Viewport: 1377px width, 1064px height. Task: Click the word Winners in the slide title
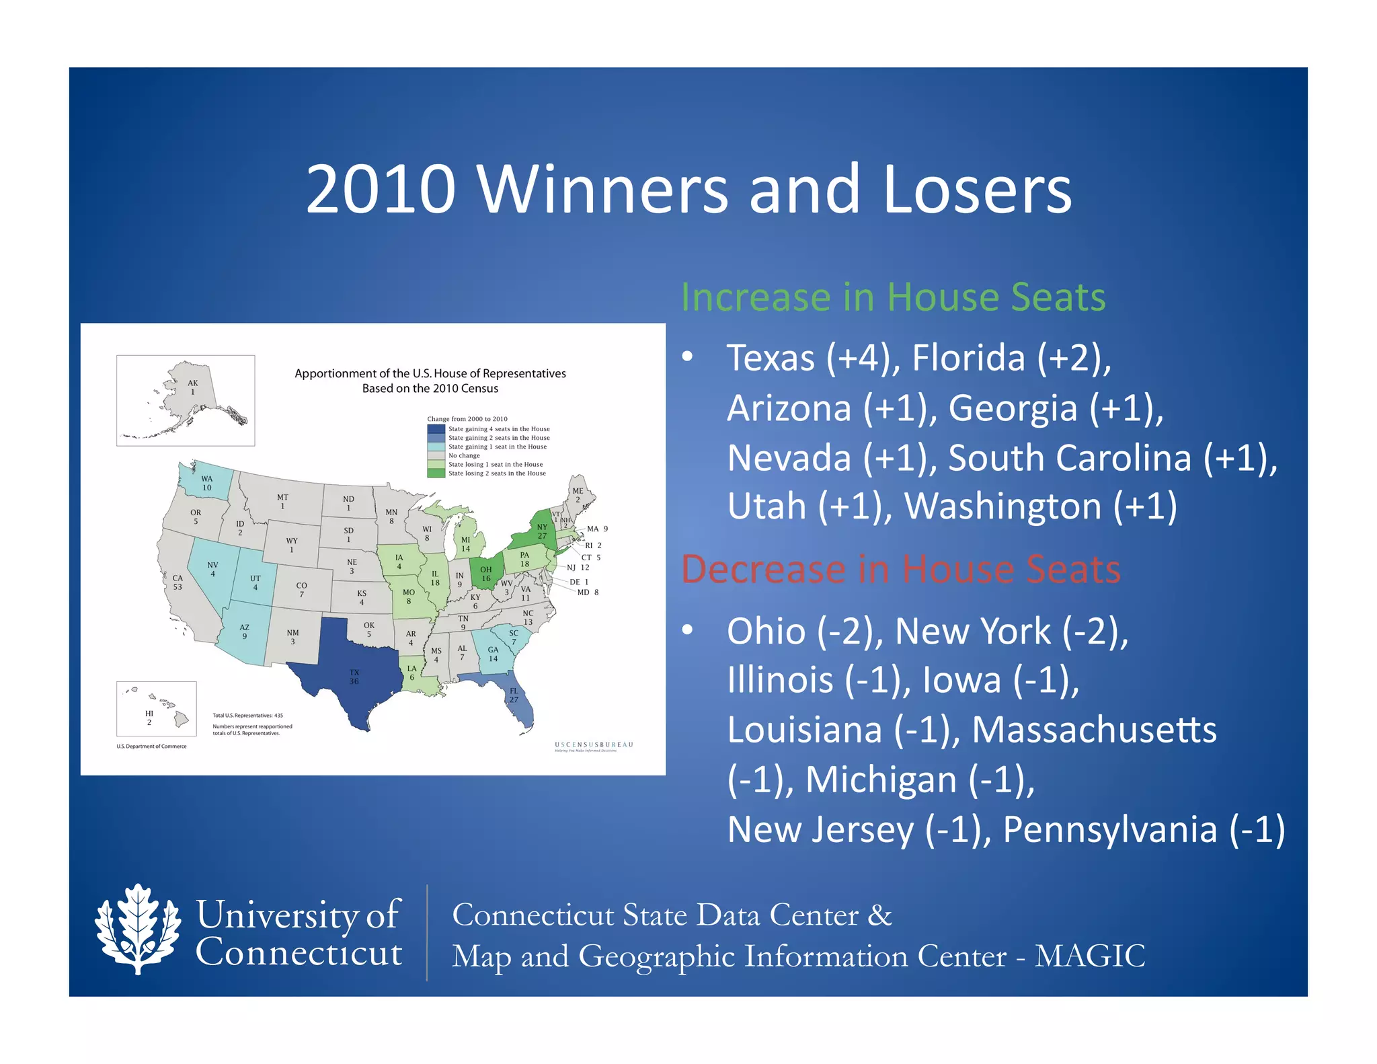[602, 190]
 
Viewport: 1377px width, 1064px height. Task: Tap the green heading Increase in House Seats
[893, 297]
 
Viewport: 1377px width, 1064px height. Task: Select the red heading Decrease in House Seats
[900, 570]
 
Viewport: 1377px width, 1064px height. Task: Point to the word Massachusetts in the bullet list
[1094, 730]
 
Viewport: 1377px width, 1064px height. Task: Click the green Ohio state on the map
[485, 572]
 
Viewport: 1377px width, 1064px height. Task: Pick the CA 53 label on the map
[178, 582]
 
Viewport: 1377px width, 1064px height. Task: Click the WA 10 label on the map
[206, 483]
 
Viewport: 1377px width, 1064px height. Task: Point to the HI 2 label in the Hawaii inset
[149, 718]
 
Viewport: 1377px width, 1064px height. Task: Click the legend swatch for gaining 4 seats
[436, 429]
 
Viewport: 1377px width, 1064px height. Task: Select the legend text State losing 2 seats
[497, 473]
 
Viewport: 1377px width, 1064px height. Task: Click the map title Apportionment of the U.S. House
[430, 374]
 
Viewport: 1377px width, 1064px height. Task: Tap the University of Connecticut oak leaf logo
[138, 929]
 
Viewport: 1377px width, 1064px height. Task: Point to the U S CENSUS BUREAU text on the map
[594, 745]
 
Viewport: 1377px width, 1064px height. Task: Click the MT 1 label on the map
[282, 502]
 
